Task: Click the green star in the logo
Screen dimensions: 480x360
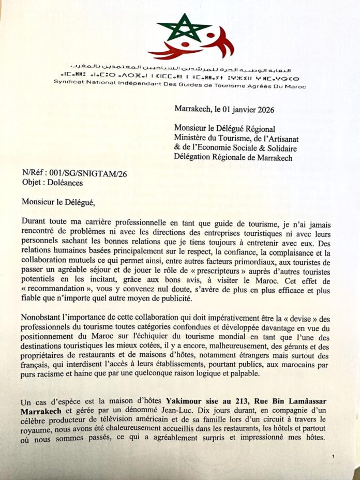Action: (184, 28)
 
